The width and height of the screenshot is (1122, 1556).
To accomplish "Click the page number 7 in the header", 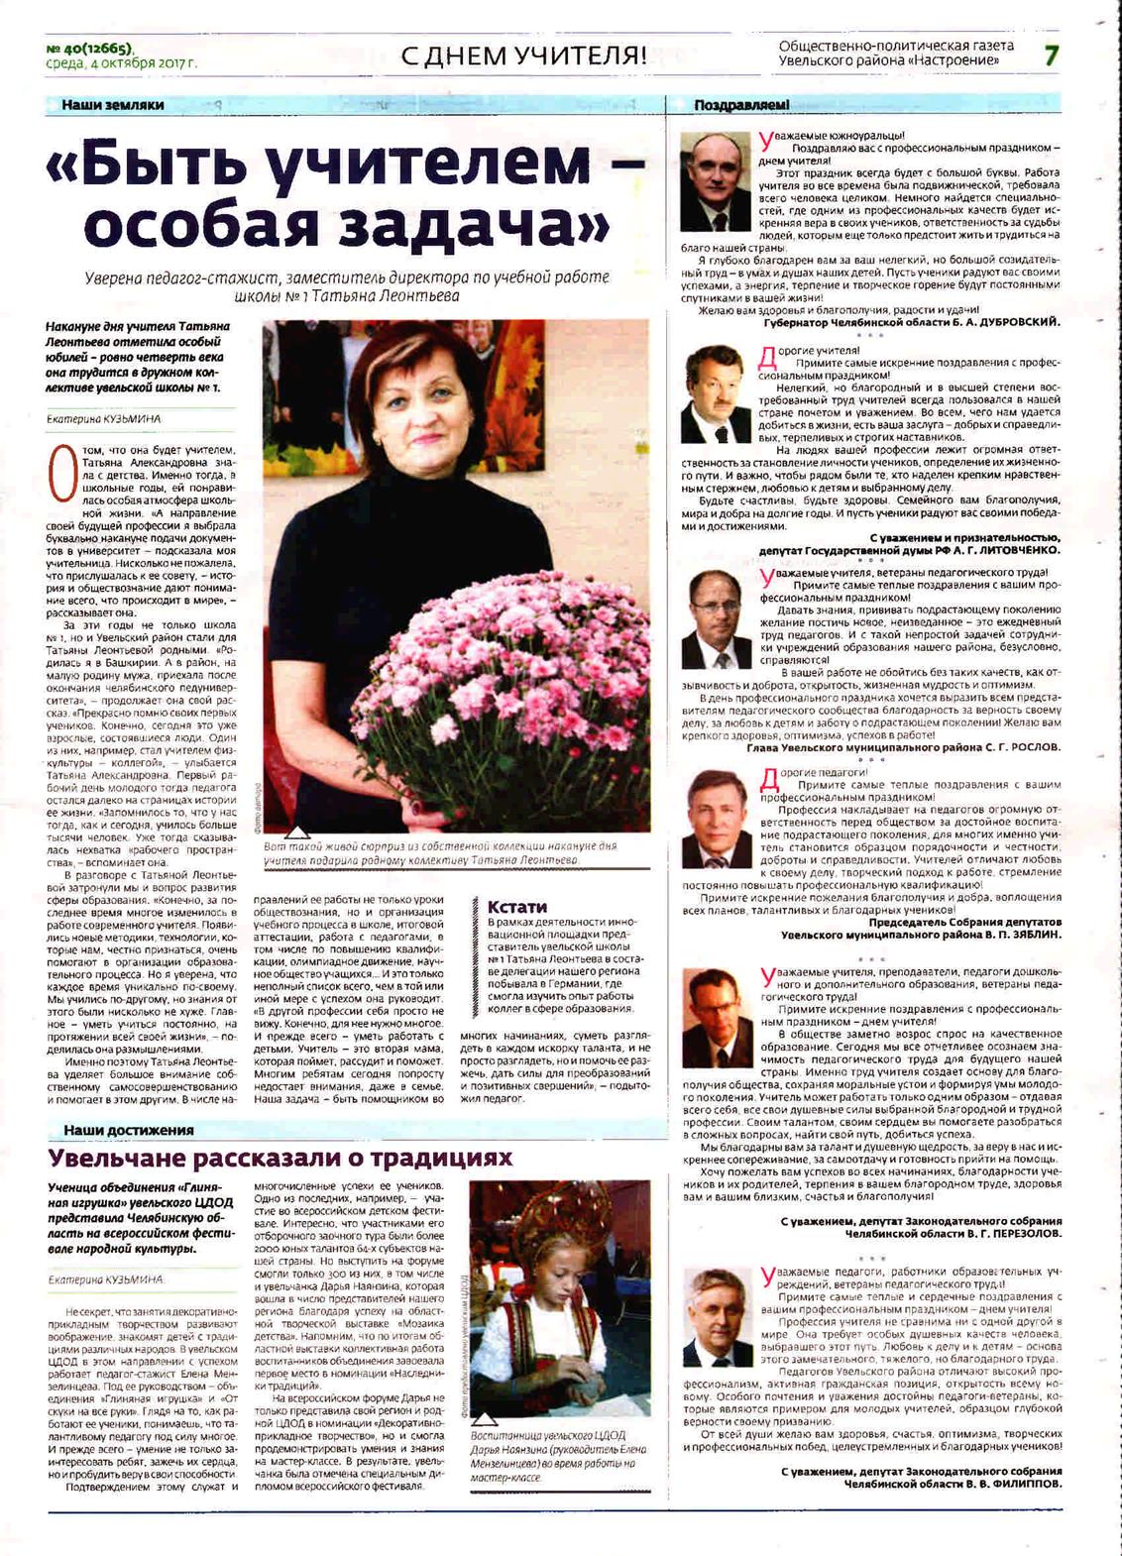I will click(x=1051, y=55).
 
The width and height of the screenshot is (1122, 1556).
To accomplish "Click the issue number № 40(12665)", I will click(x=89, y=49).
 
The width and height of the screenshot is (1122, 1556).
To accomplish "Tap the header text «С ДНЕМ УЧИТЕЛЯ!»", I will click(x=523, y=56).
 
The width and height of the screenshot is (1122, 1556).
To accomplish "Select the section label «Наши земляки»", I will click(x=112, y=105).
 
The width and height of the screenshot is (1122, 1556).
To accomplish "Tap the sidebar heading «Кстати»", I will click(x=516, y=906).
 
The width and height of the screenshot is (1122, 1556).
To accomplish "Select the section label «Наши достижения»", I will click(x=128, y=1130).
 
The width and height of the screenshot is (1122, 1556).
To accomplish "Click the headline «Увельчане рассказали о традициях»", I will click(x=280, y=1158).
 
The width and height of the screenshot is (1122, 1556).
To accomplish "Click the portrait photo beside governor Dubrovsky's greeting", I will click(x=716, y=182).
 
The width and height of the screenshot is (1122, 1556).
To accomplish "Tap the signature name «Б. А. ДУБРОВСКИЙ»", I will click(x=1000, y=322).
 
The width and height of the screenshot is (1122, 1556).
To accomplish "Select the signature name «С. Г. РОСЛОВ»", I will click(x=1019, y=747).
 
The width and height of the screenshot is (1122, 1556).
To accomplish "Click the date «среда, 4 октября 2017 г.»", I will click(x=121, y=63).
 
